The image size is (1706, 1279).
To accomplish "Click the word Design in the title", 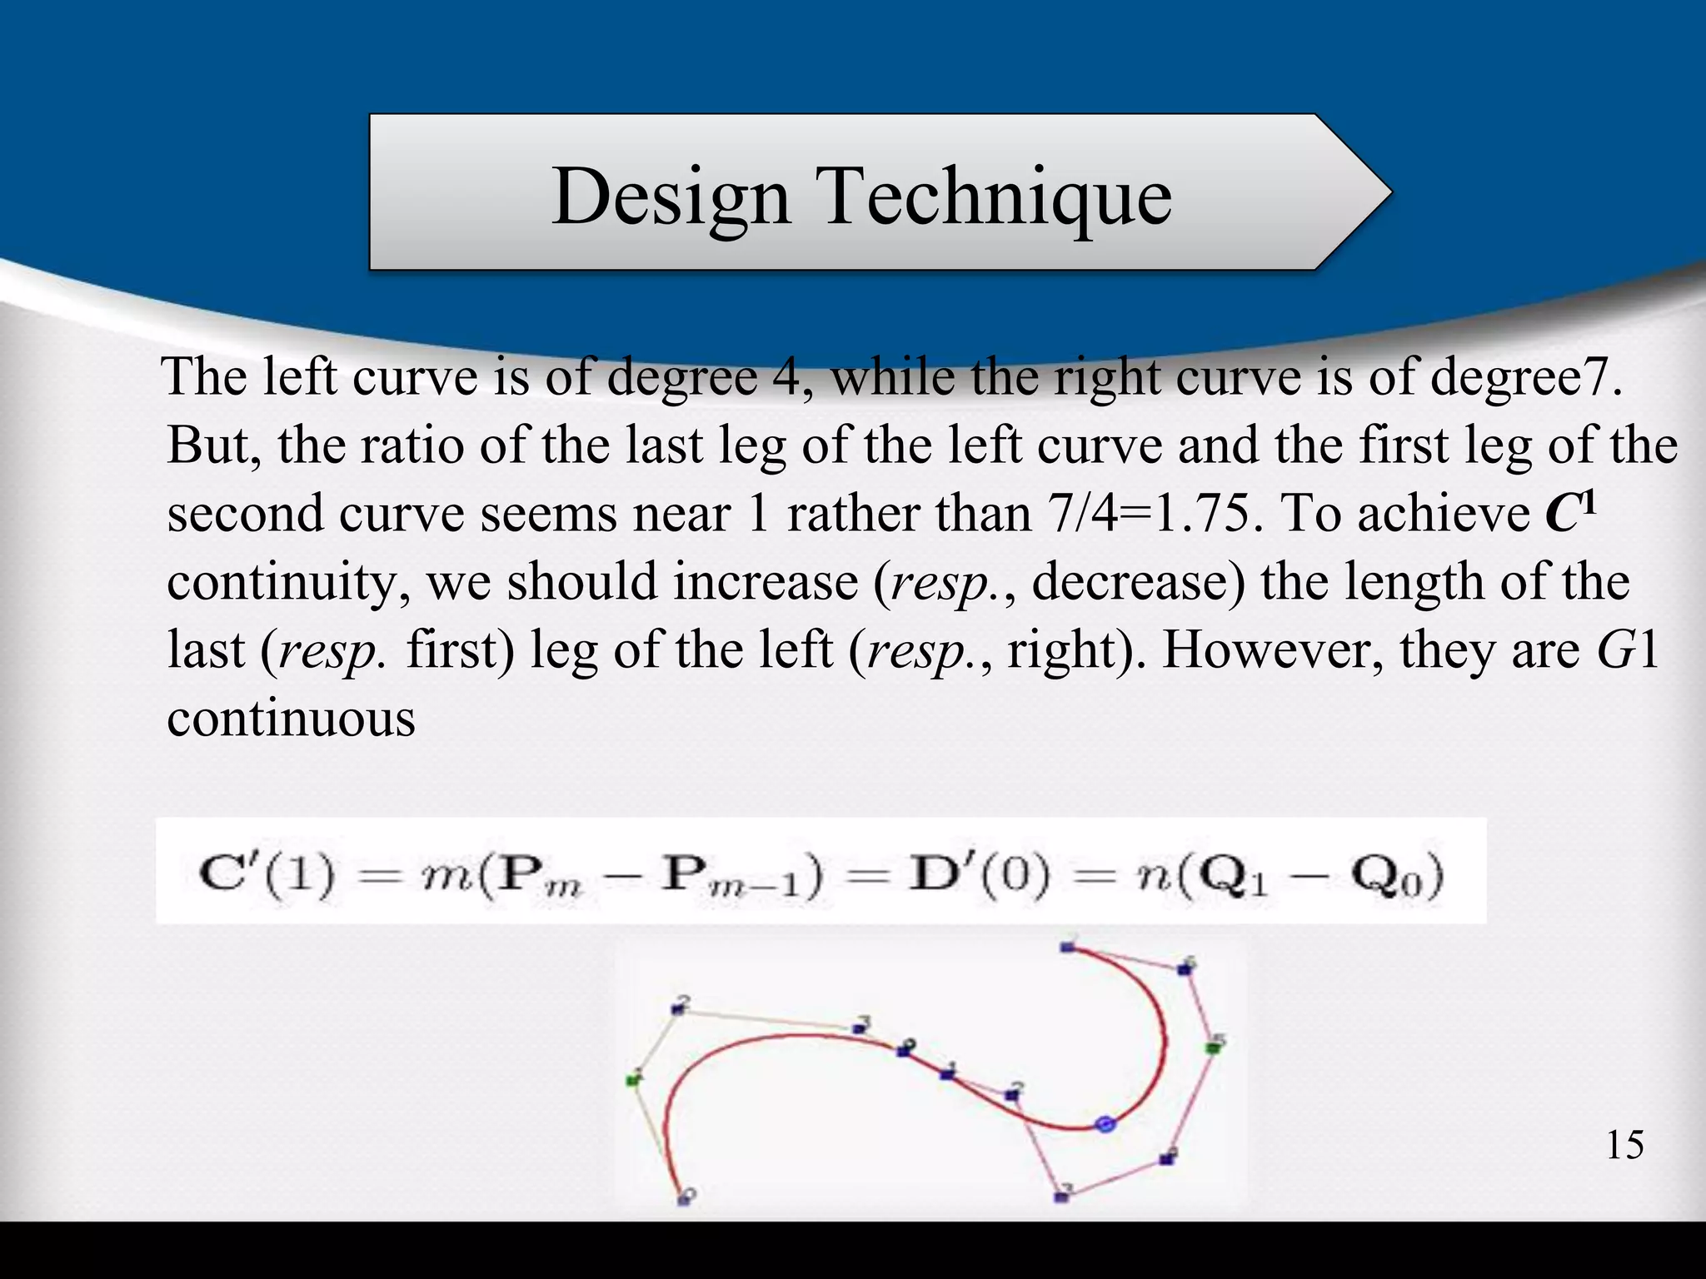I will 671,197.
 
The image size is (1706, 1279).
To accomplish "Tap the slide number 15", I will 1624,1145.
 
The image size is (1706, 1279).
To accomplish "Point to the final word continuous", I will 291,718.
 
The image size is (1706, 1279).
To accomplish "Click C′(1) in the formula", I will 267,875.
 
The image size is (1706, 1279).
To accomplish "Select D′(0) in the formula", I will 975,875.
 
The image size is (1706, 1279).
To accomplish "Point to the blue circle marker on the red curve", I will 1105,1124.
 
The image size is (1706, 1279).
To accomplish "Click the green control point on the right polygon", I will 1213,1048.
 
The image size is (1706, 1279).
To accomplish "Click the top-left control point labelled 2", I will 677,1010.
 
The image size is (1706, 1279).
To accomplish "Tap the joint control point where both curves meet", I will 902,1052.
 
